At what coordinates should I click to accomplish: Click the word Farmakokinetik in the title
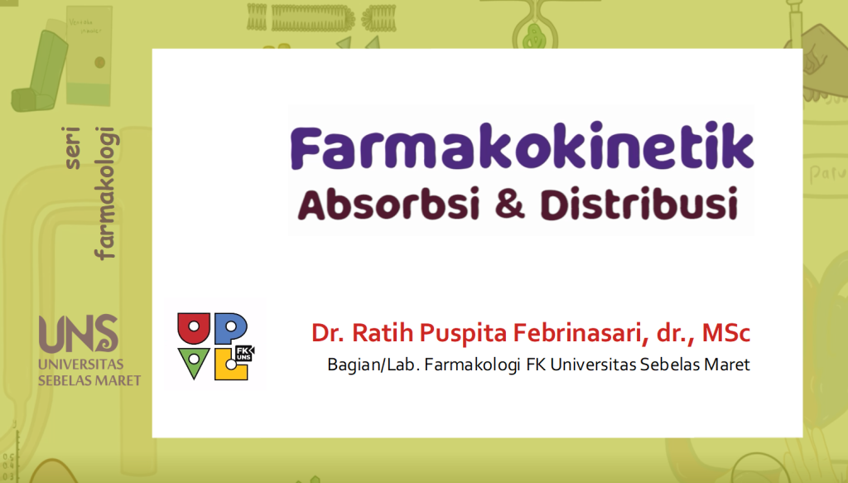click(523, 149)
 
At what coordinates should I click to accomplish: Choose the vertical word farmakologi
click(106, 196)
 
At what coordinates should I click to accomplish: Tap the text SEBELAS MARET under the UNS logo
click(89, 380)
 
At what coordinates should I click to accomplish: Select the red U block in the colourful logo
click(194, 328)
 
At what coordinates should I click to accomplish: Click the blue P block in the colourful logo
click(230, 328)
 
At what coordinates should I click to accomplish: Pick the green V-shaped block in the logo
click(195, 363)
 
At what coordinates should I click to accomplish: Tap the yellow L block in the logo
click(229, 365)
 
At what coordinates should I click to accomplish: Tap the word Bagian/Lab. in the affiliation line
click(372, 365)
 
